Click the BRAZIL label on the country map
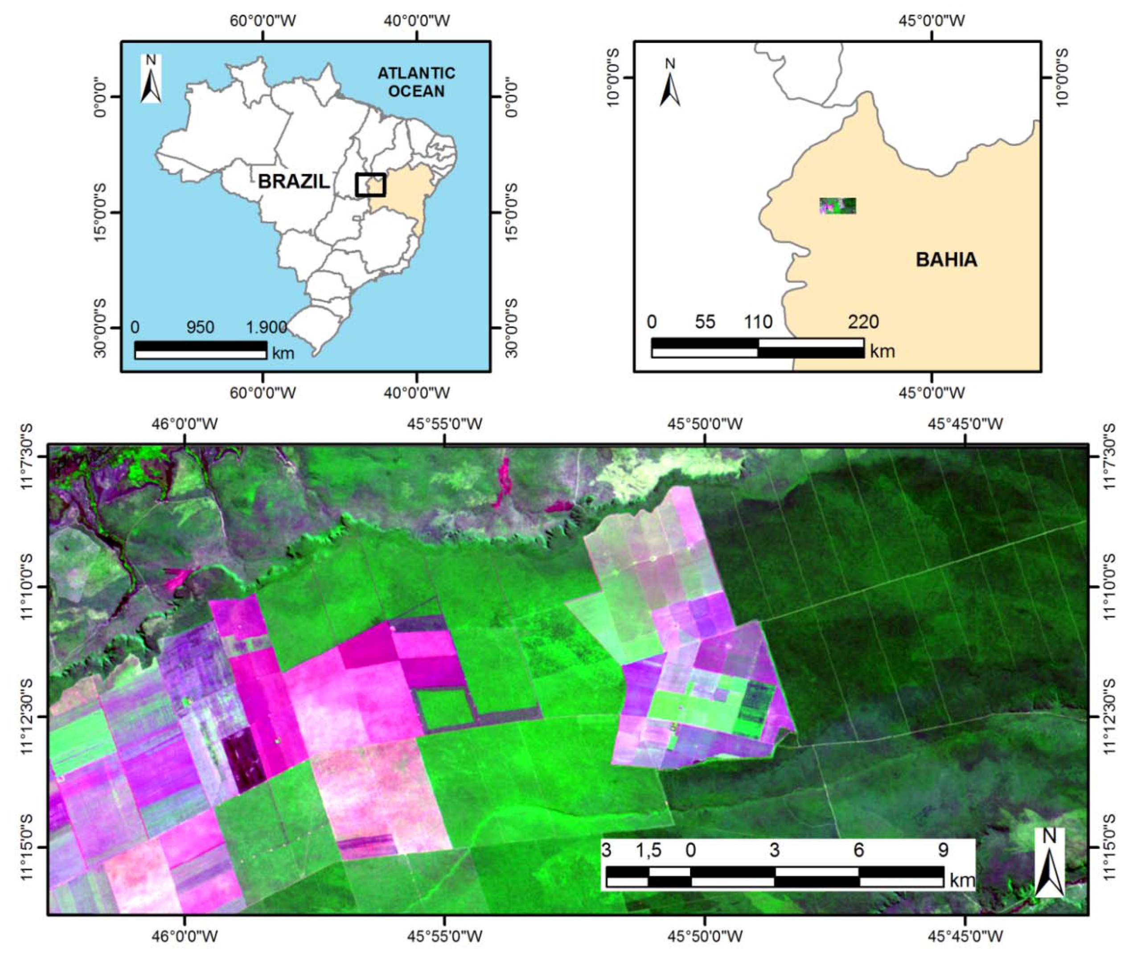coord(293,181)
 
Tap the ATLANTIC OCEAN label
coord(416,82)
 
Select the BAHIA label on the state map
coord(946,260)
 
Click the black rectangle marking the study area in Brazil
coord(370,185)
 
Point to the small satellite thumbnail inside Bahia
coord(837,206)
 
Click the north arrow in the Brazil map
coord(151,79)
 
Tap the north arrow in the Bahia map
coord(670,83)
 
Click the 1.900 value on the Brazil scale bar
coord(266,327)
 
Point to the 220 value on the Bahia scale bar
coord(863,322)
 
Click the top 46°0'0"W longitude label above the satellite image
coord(185,424)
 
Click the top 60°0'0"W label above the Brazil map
coord(263,21)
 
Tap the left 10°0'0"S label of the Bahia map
coord(613,78)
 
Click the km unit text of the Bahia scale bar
coord(882,351)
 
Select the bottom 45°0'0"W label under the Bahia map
coord(932,392)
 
